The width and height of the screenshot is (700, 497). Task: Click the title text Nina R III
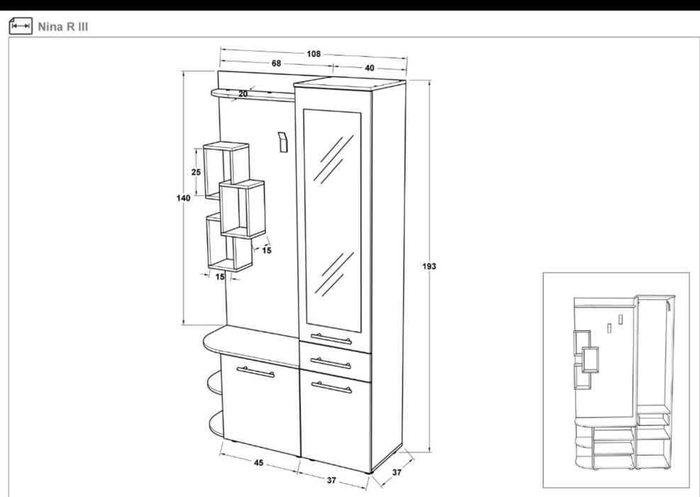[x=62, y=27]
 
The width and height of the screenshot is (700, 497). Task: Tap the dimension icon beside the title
[x=21, y=26]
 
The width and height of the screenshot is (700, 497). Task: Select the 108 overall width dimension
[x=313, y=54]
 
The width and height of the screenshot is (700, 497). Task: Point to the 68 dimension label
[x=277, y=63]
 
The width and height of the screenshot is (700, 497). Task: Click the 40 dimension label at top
[x=370, y=68]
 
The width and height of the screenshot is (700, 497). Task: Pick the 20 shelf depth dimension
[x=243, y=94]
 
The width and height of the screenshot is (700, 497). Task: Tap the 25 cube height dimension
[x=196, y=172]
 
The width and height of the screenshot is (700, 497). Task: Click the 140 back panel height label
[x=183, y=197]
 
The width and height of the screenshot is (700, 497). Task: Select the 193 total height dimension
[x=429, y=266]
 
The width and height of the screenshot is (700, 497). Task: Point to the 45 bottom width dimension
[x=258, y=463]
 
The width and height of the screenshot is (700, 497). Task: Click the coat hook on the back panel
[x=282, y=142]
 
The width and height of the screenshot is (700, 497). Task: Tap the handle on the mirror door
[x=331, y=339]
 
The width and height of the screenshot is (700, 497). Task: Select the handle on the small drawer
[x=330, y=363]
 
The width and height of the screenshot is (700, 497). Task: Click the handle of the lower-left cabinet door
[x=255, y=372]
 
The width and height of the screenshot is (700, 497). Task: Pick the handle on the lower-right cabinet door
[x=332, y=387]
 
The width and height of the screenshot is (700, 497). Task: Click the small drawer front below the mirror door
[x=335, y=361]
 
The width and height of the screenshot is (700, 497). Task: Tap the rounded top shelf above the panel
[x=252, y=95]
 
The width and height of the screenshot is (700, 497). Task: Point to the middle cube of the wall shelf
[x=243, y=209]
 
